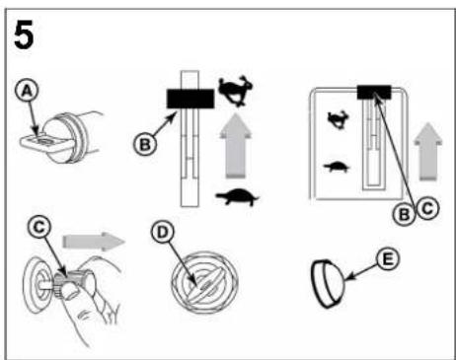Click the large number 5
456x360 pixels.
point(24,35)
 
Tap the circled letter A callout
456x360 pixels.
point(27,91)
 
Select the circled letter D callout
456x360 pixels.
point(163,232)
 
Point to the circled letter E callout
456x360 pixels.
point(388,259)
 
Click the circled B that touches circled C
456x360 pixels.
point(405,214)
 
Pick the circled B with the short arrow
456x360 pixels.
point(145,144)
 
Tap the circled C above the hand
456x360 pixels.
point(39,227)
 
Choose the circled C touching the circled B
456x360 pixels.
point(427,208)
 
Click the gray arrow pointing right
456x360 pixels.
point(94,242)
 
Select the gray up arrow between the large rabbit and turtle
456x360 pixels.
point(235,146)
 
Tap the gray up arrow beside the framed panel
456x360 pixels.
point(428,152)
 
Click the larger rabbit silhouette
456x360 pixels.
point(236,91)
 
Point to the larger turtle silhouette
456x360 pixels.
point(237,196)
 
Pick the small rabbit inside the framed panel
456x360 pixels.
point(339,119)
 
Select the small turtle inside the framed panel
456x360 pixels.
point(337,167)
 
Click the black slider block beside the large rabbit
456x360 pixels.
point(190,99)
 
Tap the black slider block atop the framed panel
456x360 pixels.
point(374,92)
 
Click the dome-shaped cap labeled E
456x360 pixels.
point(328,284)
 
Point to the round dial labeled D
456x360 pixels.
point(204,282)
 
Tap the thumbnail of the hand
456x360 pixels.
point(70,292)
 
